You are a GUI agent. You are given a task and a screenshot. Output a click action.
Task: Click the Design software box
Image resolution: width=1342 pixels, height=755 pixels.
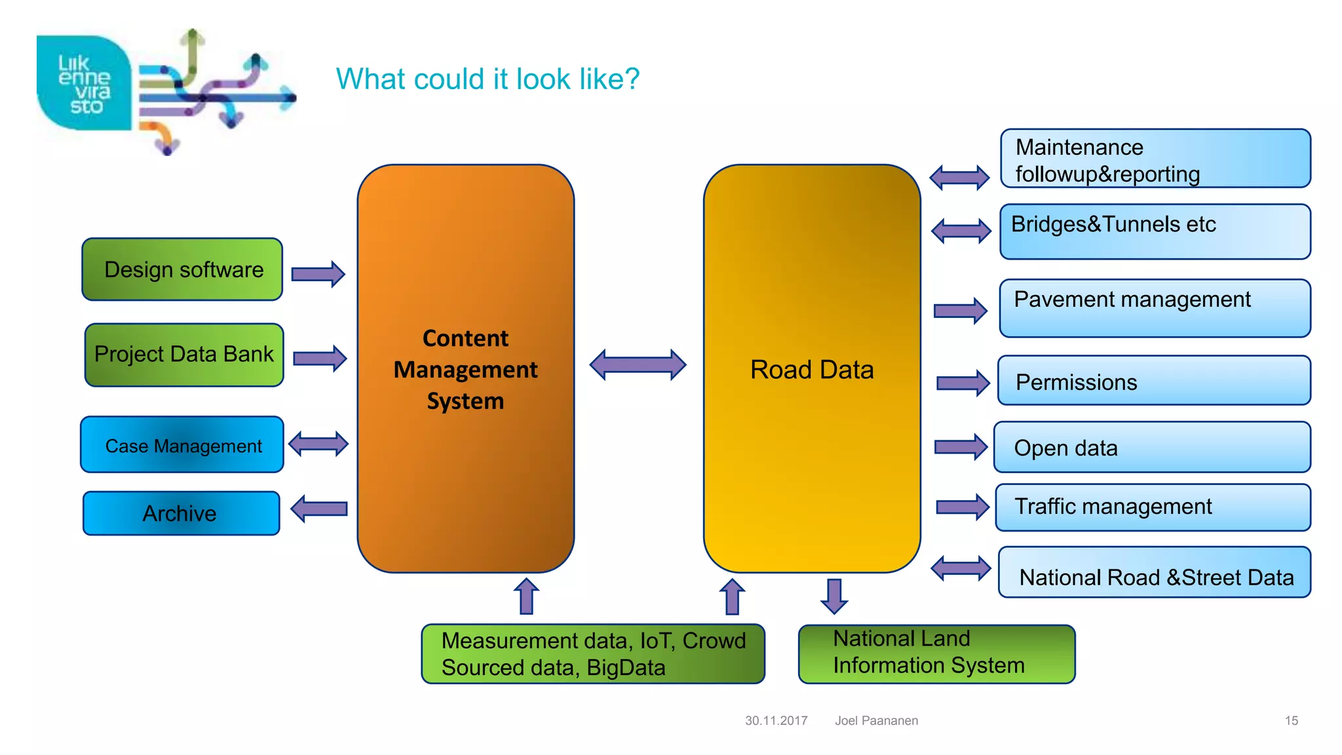[x=182, y=269]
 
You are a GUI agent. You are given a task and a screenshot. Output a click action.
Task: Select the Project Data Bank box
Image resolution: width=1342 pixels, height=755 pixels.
[x=184, y=355]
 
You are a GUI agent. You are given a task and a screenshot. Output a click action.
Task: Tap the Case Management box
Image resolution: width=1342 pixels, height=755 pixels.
[x=182, y=445]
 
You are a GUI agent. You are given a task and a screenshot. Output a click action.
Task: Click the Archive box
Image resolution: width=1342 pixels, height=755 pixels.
[x=181, y=513]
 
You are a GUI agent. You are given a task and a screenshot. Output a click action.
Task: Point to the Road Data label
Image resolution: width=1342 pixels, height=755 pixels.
[x=811, y=370]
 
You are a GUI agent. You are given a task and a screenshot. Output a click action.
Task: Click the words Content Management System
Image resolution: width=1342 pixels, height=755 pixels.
[x=465, y=370]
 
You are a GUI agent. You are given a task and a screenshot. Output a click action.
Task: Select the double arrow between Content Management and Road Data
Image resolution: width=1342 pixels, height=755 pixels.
[x=638, y=365]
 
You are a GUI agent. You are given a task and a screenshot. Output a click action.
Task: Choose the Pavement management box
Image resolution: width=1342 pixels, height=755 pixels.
[x=1155, y=308]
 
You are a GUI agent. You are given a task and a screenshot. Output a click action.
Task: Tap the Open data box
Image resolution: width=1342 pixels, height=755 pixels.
[x=1152, y=448]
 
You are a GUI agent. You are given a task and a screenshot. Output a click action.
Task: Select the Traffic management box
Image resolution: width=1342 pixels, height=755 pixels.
[x=1153, y=507]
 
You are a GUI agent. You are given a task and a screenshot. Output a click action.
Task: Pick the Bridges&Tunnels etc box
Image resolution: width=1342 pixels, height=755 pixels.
[x=1155, y=231]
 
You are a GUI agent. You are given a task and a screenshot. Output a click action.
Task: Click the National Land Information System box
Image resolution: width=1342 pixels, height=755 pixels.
[x=936, y=653]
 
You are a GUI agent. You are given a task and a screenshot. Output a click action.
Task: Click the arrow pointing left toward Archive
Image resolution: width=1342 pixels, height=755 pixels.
[x=319, y=509]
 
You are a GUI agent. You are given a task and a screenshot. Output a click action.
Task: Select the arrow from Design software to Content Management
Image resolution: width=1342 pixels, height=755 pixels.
[x=318, y=274]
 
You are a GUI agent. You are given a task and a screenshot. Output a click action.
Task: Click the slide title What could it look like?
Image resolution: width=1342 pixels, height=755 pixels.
[x=488, y=79]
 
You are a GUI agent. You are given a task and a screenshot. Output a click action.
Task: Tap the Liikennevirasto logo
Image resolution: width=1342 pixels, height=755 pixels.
[x=84, y=84]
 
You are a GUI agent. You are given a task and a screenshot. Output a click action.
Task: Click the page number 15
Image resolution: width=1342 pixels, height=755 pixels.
[x=1291, y=720]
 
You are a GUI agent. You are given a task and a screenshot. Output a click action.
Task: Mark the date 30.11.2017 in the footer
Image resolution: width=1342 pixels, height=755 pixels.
[x=776, y=720]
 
